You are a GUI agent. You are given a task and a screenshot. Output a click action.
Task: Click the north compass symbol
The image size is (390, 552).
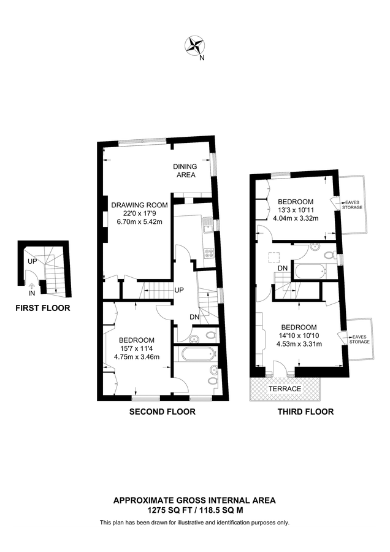pos(195,45)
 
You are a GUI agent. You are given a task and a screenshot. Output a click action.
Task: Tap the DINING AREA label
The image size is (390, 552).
pos(185,171)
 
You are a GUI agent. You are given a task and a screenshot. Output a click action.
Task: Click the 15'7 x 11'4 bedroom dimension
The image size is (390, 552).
pos(136,348)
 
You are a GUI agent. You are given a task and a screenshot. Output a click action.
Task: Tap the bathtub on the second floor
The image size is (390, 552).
pos(194,353)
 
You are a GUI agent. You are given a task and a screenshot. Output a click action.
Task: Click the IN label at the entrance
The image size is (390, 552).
pos(31,293)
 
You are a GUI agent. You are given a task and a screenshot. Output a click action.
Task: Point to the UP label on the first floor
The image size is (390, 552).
pos(31,262)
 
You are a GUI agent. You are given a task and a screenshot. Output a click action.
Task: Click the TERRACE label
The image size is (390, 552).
pos(285,389)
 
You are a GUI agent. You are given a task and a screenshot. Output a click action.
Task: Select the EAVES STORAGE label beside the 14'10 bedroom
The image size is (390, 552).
pos(360,338)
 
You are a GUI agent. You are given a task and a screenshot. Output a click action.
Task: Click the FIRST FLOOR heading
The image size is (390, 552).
pos(43,308)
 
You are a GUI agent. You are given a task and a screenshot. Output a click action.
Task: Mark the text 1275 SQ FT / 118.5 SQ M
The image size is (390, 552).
pos(194,509)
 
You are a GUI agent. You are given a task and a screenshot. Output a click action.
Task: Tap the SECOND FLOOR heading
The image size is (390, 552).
pos(162,412)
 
